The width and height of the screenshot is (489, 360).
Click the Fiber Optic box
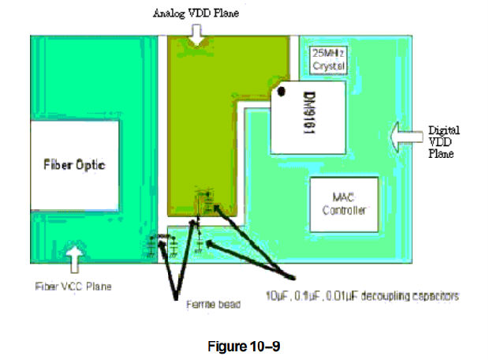coord(75,165)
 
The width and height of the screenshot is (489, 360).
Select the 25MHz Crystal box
coord(329,61)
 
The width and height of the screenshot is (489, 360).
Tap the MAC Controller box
coord(345,203)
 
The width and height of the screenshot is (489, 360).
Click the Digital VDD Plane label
coord(443,142)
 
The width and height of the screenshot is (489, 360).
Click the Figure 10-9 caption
coord(245,343)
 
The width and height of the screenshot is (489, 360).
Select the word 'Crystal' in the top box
coord(329,67)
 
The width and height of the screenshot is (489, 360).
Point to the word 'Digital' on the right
coord(443,130)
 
